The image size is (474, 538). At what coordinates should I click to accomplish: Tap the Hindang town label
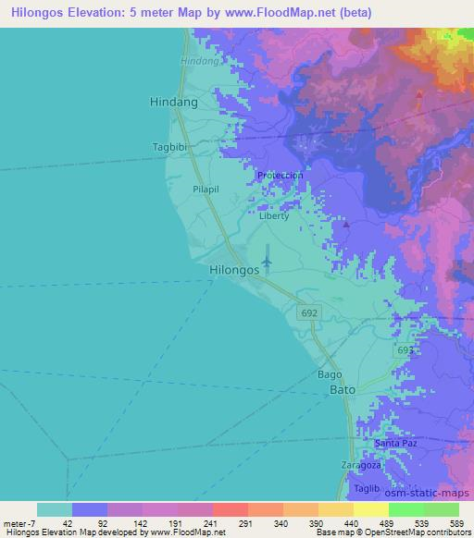coord(174,104)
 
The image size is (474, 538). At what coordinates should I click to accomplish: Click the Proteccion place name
coord(281,175)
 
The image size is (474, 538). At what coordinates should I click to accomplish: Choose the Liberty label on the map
coord(274,215)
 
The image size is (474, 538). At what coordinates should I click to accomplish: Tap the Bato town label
coord(343,391)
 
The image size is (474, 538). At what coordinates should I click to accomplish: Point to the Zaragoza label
coord(360,464)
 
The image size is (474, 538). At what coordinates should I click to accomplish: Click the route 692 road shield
coord(310,314)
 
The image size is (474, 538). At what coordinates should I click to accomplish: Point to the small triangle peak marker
coord(346,225)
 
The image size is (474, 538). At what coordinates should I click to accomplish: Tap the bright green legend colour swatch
coord(405,509)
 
